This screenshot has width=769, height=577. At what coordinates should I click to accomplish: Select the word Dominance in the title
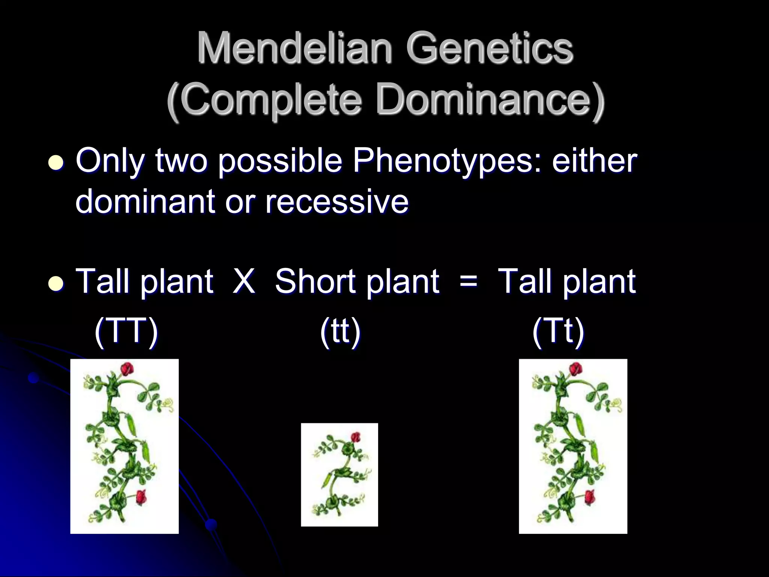(484, 99)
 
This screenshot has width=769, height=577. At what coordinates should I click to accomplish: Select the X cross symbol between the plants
(244, 281)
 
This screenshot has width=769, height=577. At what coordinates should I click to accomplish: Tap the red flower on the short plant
(355, 437)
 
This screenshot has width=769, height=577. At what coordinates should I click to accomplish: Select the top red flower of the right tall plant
(575, 369)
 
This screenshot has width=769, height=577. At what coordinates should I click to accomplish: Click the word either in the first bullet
(594, 161)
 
